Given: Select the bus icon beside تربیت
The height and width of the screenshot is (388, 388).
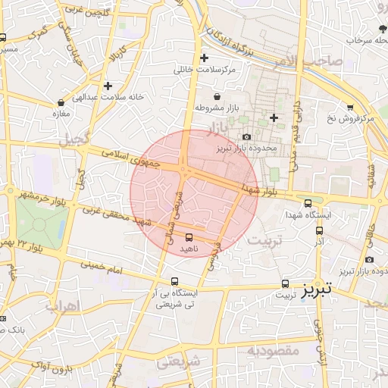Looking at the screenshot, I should [x=285, y=284].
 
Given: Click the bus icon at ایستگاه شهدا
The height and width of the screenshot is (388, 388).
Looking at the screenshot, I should [x=308, y=202].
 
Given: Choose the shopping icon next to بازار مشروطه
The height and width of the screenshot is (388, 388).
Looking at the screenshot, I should [x=218, y=97].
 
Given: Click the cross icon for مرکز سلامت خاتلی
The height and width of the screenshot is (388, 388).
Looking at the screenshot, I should [x=203, y=58].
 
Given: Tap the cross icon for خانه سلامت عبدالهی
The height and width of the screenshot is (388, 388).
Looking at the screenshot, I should [x=108, y=86].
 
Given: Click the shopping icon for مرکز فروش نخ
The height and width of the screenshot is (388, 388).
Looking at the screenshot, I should [x=349, y=108].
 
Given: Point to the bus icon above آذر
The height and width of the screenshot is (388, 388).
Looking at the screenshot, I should [x=318, y=230].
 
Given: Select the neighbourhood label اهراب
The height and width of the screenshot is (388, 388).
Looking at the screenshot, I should [x=62, y=307].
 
